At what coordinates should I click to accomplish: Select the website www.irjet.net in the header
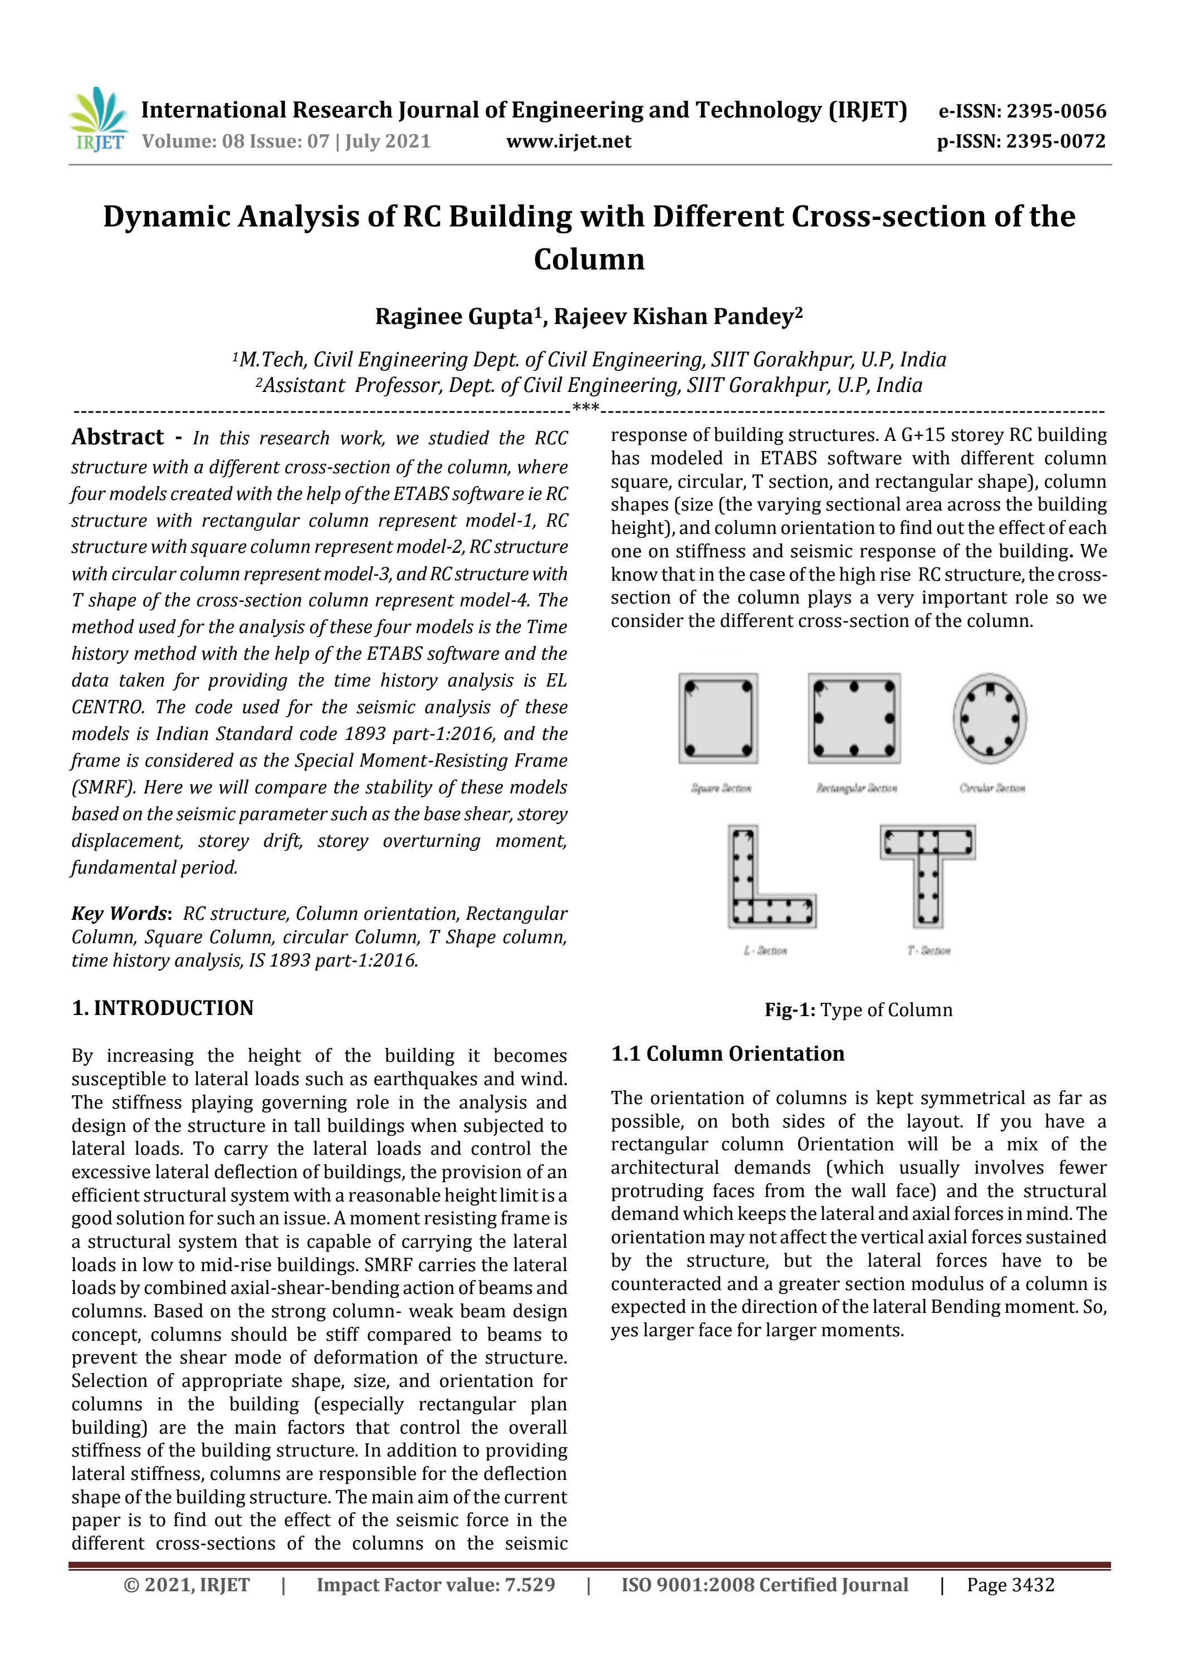coord(568,141)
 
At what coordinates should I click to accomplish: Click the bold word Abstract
coord(118,437)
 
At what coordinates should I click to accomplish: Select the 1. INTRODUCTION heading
coord(163,1008)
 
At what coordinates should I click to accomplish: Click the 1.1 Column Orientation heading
coord(727,1053)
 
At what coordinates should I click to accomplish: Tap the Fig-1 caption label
coord(790,1010)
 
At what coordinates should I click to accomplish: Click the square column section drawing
coord(718,718)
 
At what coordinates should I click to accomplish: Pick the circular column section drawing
coord(990,718)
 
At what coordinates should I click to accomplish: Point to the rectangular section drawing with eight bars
coord(854,718)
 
